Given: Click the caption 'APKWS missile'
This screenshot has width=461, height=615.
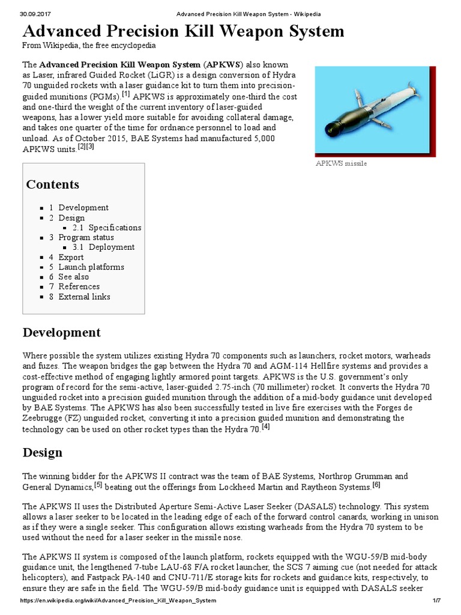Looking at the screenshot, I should point(341,163).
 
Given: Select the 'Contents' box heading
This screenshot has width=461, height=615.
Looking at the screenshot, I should point(52,184).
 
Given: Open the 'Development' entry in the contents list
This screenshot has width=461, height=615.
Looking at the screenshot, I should point(83,208).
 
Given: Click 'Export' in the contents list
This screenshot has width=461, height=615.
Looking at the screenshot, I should point(71,257).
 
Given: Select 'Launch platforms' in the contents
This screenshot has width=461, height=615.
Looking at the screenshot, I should point(91,267).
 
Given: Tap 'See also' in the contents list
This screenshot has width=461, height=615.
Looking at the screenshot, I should point(73,277).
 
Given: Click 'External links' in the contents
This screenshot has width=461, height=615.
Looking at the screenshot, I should point(84,297).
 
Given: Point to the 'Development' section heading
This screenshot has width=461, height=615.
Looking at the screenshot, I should point(61,333).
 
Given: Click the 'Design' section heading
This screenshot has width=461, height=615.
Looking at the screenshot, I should point(42,452).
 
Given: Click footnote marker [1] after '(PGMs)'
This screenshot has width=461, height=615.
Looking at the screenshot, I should point(125,94).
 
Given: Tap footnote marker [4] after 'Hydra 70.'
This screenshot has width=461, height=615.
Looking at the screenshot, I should point(266,427).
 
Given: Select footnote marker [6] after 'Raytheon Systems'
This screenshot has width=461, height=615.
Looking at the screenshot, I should point(376,485).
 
